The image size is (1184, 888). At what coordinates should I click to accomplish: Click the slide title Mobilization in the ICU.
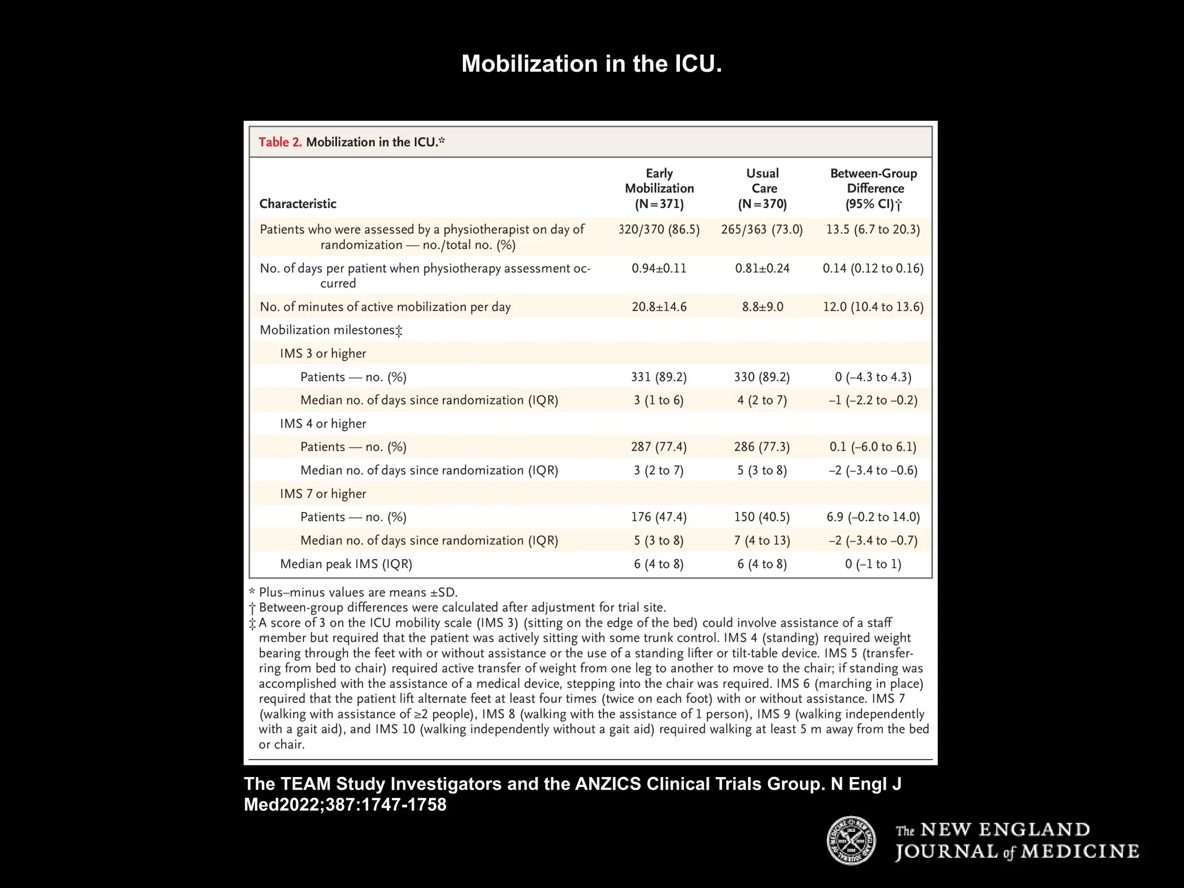pos(591,64)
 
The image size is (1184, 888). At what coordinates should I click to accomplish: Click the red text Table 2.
pos(280,142)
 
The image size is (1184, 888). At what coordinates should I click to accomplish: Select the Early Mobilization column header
pos(659,188)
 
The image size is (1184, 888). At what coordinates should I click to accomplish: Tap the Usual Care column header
pos(763,188)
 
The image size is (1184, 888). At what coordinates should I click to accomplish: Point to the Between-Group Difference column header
pos(874,188)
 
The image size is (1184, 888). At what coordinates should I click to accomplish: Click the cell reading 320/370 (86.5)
pos(659,230)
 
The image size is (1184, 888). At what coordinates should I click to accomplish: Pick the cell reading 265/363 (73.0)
pos(762,230)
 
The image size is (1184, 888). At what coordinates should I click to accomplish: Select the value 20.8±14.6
pos(659,307)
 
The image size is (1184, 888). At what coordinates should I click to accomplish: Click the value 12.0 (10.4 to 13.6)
pos(873,307)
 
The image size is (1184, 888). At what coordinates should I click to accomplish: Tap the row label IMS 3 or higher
pos(323,354)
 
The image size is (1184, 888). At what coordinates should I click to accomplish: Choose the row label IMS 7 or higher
pos(323,494)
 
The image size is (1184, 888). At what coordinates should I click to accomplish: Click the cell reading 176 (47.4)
pos(659,517)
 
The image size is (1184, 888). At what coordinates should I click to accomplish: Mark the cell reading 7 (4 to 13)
pos(762,541)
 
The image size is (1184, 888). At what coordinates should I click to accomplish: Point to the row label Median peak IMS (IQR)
pos(346,564)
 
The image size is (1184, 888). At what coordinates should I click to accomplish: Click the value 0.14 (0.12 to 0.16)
pos(873,268)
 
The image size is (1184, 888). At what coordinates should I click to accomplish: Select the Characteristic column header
pos(298,203)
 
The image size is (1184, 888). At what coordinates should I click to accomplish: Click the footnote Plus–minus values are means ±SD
pos(358,593)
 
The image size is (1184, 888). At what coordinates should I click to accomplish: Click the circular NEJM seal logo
pos(851,841)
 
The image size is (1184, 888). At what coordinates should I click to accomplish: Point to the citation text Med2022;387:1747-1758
pos(345,805)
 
